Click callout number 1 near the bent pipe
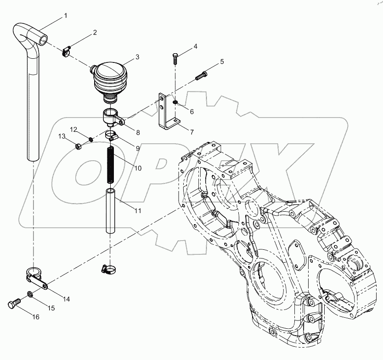tap(65, 16)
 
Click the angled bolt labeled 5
tap(201, 75)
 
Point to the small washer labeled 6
tap(175, 102)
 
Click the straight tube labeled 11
tap(110, 211)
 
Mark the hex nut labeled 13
tap(79, 146)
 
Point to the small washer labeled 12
tap(91, 140)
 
